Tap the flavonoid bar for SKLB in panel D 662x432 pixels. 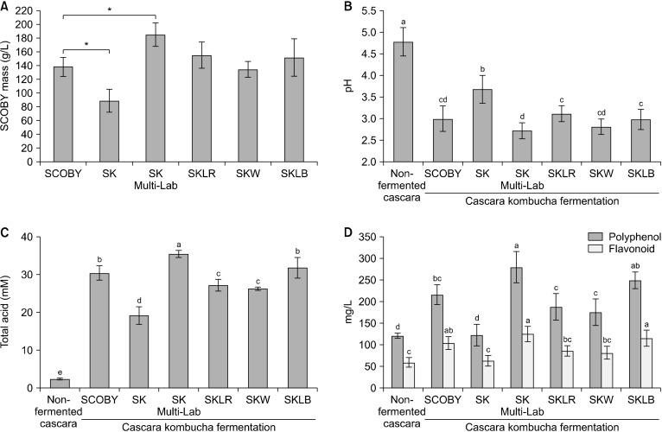(637, 363)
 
